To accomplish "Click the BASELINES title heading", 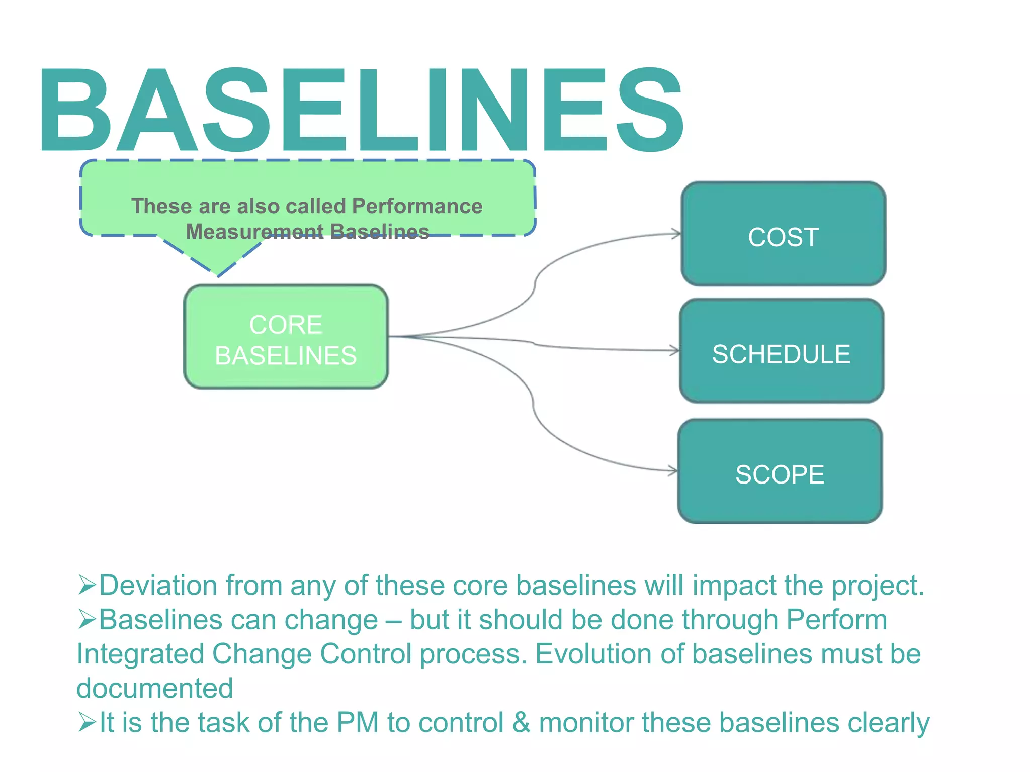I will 361,110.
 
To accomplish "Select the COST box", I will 783,234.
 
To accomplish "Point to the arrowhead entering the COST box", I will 677,234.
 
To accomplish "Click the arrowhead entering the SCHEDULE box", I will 675,351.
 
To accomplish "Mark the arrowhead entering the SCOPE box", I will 674,471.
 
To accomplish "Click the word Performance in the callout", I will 417,206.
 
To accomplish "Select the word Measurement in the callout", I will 254,232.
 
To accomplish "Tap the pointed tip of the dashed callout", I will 218,274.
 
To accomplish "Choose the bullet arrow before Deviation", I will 87,585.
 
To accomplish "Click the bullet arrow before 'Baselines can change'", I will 87,619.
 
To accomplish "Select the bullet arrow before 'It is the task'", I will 87,722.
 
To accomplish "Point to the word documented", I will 154,688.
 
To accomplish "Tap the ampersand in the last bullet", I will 521,723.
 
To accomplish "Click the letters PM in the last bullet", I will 357,723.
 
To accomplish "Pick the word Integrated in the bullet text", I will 140,654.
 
